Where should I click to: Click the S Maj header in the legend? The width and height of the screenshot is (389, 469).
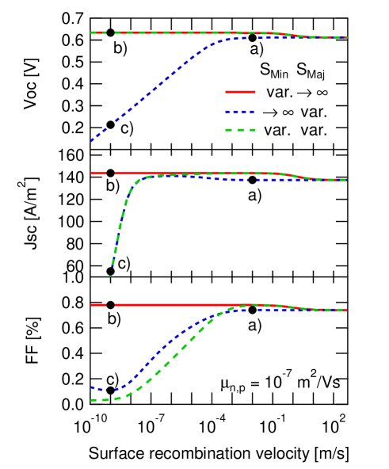click(311, 71)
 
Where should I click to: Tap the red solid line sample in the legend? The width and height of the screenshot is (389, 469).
click(240, 92)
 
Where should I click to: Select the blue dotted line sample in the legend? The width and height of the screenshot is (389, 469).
click(240, 111)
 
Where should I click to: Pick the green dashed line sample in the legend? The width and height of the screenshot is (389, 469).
click(240, 130)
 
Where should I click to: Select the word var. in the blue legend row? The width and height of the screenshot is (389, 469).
click(314, 111)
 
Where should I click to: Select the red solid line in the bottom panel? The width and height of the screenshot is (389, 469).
click(174, 304)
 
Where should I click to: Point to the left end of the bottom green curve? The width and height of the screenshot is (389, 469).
click(93, 400)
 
